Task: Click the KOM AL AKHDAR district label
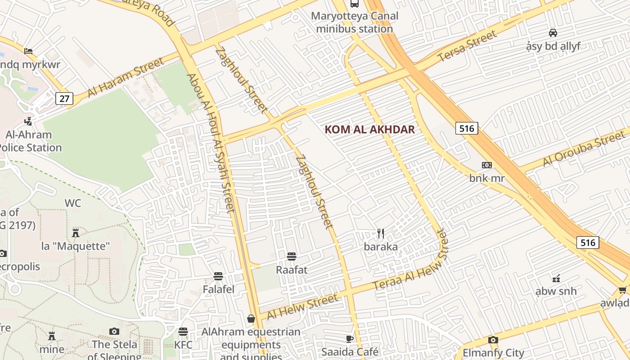point(369,130)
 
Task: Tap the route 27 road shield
point(64,99)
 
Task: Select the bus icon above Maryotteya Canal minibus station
point(355,4)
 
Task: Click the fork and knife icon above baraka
point(381,233)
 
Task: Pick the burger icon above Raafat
point(292,256)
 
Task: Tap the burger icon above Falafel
point(218,276)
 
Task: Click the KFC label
point(183,345)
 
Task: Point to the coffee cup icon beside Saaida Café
point(350,339)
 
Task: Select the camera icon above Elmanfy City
point(493,340)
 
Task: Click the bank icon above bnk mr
point(487,165)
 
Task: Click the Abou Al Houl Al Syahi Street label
point(211,143)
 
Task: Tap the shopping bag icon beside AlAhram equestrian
point(251,319)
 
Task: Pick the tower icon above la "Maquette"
point(76,233)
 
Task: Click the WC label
point(72,203)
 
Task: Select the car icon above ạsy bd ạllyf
point(553,32)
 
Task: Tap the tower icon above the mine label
point(52,336)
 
